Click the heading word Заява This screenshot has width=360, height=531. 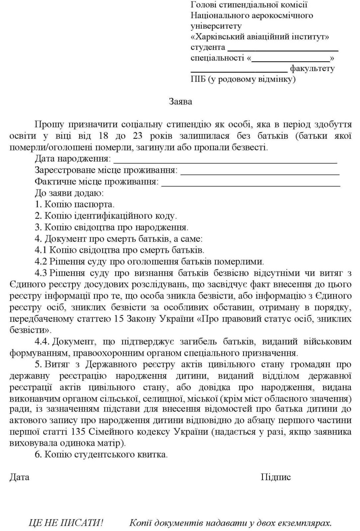tap(180, 101)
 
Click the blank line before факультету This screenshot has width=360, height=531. tap(239, 71)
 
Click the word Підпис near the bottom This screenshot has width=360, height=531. tap(276, 477)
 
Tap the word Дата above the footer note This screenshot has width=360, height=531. tap(19, 477)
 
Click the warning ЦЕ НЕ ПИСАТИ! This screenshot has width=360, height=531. tap(66, 523)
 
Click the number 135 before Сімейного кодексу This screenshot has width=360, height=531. tap(79, 432)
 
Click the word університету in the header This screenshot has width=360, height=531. tap(216, 26)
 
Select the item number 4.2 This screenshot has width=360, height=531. tap(41, 262)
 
